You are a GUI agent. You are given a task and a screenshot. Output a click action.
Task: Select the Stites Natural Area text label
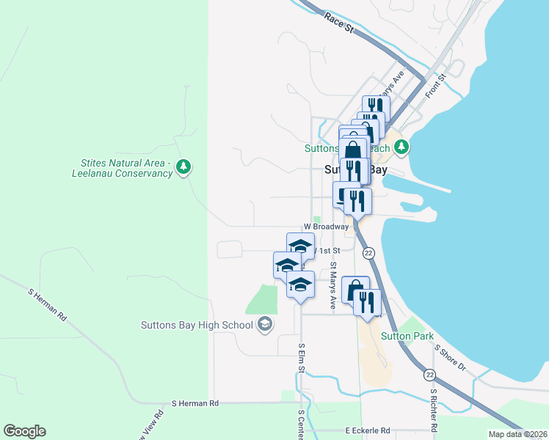[x=123, y=168]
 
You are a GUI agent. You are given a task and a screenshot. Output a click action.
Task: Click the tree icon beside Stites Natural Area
[x=183, y=168]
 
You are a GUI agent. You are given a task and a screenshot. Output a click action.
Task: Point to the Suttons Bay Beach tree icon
[x=401, y=147]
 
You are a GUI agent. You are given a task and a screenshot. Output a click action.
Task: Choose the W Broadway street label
[x=326, y=227]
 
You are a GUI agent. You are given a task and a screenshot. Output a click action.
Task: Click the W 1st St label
[x=326, y=251]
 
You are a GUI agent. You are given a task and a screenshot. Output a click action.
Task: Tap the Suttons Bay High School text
[x=197, y=324]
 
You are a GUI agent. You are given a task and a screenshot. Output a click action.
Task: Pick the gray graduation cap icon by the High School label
[x=264, y=324]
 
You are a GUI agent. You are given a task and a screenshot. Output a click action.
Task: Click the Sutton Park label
[x=403, y=337]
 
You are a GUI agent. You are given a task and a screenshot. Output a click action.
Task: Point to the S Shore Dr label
[x=450, y=357]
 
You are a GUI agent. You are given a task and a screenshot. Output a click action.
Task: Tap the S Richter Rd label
[x=434, y=410]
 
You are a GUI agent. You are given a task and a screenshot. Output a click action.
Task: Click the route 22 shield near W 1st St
[x=368, y=252]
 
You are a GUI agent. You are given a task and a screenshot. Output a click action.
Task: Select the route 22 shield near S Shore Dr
[x=429, y=375]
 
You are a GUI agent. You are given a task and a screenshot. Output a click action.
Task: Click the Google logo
[x=24, y=431]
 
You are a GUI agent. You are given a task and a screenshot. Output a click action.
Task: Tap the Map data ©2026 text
[x=517, y=434]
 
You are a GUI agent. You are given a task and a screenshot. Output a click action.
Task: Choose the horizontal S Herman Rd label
[x=195, y=403]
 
